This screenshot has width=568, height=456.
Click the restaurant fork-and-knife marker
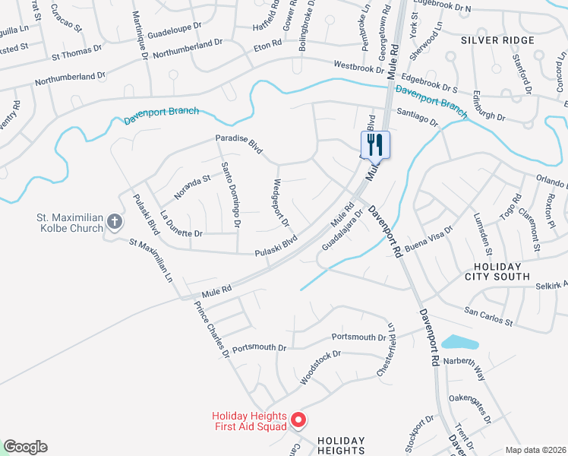click(x=374, y=144)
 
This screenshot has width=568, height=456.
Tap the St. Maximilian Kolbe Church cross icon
click(x=115, y=222)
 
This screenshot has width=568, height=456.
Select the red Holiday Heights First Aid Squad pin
click(x=298, y=420)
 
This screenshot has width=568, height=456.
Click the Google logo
click(x=25, y=447)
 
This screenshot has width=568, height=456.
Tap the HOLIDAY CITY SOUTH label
click(x=497, y=272)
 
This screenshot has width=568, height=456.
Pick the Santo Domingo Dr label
click(x=231, y=195)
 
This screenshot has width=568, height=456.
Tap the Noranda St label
click(x=191, y=187)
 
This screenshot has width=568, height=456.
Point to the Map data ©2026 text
click(x=535, y=450)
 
